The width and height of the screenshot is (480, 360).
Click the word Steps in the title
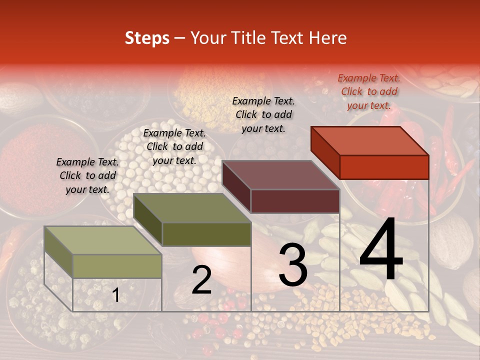(x=147, y=38)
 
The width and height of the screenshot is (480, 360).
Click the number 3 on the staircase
(x=293, y=265)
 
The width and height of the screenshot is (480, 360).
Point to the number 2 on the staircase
(x=201, y=280)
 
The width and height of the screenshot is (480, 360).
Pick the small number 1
(x=115, y=295)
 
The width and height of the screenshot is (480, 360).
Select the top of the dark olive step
(x=192, y=208)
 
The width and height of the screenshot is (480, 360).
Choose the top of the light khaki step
(x=103, y=240)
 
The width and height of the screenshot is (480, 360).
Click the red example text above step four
(x=369, y=91)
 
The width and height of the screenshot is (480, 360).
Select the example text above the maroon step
(x=263, y=114)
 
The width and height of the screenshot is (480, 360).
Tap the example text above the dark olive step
(x=174, y=146)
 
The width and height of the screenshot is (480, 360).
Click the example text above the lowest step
(x=87, y=175)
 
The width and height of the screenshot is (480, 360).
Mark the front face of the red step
(x=384, y=167)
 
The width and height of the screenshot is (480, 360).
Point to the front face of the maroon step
(x=295, y=201)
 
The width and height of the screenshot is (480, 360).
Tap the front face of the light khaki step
(x=117, y=266)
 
